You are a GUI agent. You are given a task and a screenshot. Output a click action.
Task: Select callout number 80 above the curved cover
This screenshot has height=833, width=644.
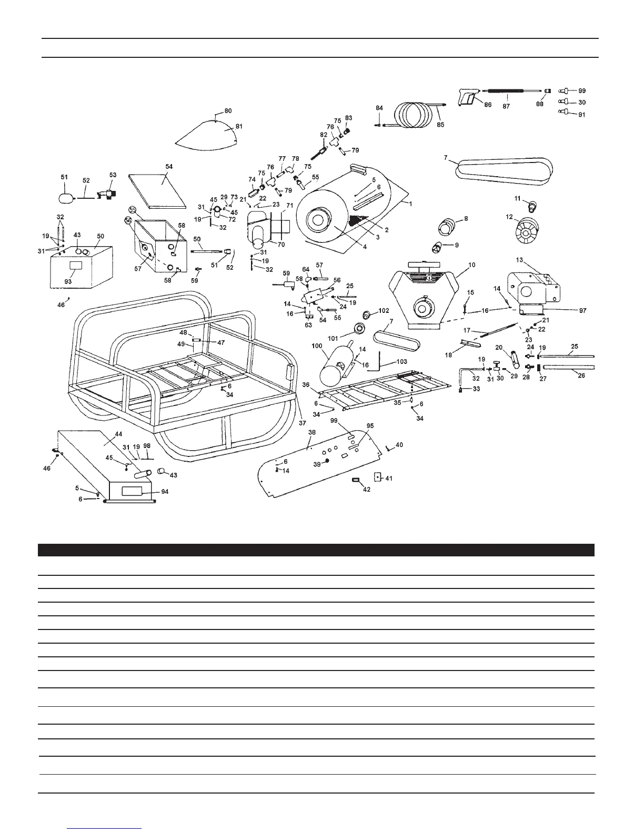pos(228,111)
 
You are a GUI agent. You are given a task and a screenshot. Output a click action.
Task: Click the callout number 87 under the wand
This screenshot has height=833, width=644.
pos(506,105)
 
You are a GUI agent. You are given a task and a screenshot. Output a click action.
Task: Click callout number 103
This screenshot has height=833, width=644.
pos(401,362)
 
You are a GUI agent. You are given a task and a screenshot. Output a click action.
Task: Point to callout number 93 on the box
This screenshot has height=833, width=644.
pos(68,282)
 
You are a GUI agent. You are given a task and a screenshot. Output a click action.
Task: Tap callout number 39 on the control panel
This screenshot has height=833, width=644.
pos(316,464)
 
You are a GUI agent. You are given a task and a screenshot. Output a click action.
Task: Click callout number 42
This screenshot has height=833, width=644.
pos(366,490)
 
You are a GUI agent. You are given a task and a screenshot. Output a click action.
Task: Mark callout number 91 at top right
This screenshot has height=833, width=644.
pos(581,114)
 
